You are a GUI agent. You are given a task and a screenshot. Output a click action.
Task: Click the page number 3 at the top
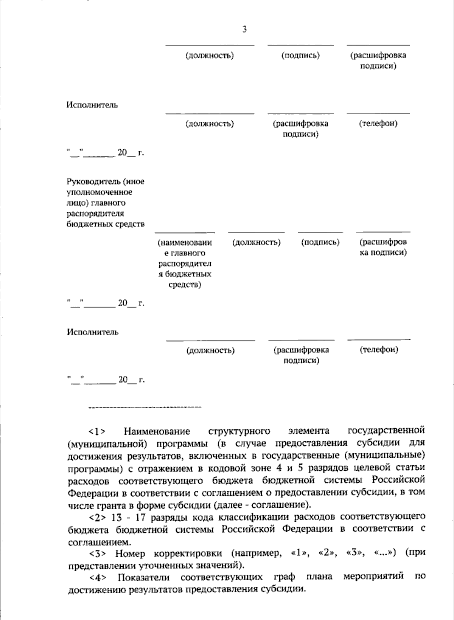click(244, 29)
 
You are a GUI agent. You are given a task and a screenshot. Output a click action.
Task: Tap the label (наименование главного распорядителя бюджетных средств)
click(185, 263)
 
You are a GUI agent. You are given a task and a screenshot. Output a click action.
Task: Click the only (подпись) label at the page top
click(301, 56)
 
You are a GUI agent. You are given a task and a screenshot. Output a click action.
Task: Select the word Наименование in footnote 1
click(157, 431)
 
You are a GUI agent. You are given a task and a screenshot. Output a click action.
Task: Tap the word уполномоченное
click(99, 192)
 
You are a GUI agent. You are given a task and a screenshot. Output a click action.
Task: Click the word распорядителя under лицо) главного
click(95, 214)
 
